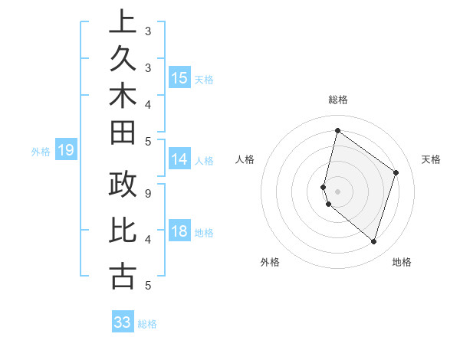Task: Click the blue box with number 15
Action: (179, 77)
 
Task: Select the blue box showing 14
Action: (179, 159)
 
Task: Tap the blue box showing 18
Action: (179, 232)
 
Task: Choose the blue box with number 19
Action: (66, 150)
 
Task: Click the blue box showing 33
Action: (123, 322)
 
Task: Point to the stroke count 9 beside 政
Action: (147, 193)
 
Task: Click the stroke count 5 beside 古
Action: (147, 286)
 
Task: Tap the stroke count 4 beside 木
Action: (147, 103)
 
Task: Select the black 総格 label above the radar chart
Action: (337, 100)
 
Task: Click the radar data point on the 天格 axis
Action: (396, 172)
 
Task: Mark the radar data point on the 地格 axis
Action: (373, 241)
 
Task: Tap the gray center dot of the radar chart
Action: (337, 191)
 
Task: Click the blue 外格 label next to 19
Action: (41, 152)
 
